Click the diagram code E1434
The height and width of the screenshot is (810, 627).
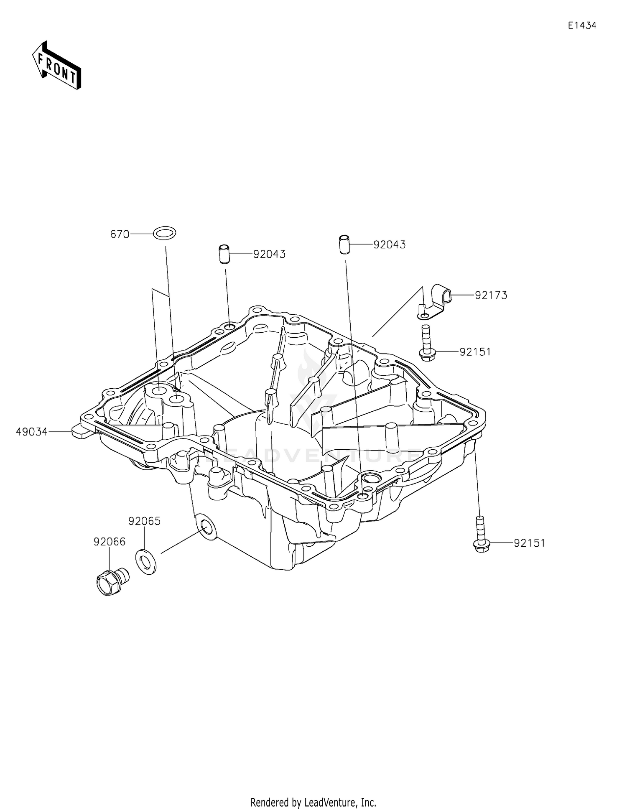tap(582, 25)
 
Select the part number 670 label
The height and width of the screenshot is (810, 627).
tap(120, 234)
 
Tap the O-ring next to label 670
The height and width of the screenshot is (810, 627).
tap(164, 233)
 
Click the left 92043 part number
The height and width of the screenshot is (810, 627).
tap(269, 254)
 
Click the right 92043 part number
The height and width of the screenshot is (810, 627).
tap(389, 245)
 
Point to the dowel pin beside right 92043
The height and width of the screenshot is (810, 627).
tap(344, 245)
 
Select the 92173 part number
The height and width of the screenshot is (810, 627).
tap(491, 295)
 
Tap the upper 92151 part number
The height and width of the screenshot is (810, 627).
tap(475, 352)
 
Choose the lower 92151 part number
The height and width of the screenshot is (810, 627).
tap(529, 543)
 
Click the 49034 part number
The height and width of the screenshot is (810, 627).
tap(31, 431)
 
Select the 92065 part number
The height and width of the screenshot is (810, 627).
tap(144, 521)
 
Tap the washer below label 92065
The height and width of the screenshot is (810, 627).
tap(146, 562)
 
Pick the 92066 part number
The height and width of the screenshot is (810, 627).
tap(109, 542)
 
